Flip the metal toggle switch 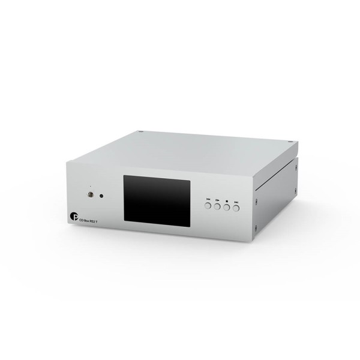tap(90, 196)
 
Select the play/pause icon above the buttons tap(217, 199)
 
